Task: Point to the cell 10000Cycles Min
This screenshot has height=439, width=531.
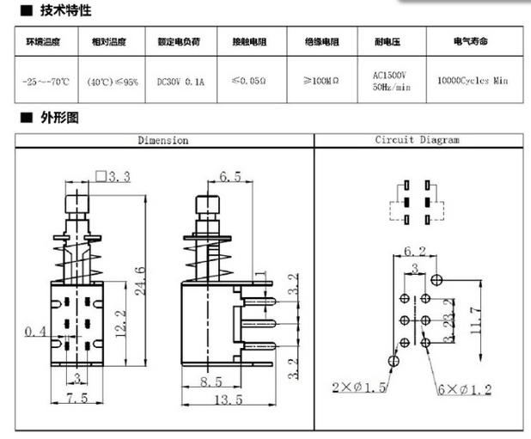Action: pos(473,80)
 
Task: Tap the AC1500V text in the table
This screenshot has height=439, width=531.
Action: pos(390,75)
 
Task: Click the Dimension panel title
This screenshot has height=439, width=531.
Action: pos(163,140)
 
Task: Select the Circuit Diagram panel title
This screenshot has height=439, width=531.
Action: pos(417,140)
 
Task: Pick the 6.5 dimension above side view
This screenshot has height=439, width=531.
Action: pos(229,178)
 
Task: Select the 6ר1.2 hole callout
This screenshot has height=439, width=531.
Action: pos(466,389)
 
